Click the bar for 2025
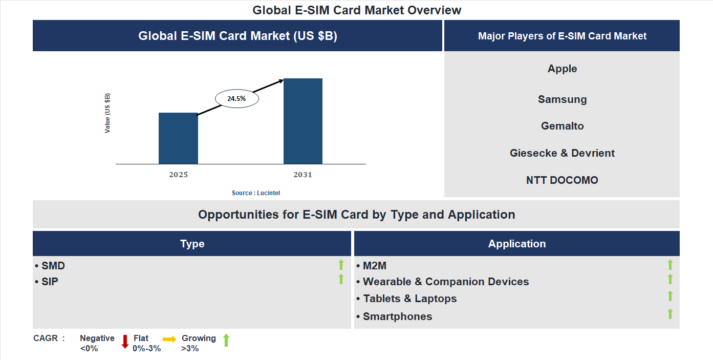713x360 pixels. (178, 138)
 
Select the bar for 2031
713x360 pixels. (303, 121)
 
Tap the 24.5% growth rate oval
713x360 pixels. (236, 99)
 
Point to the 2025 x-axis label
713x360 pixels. (178, 175)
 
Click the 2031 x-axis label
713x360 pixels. (303, 175)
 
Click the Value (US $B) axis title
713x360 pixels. (107, 113)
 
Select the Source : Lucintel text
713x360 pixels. (256, 193)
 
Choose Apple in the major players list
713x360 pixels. (562, 69)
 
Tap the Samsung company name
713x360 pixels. (562, 99)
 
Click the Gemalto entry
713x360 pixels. (562, 126)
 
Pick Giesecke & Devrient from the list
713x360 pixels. (562, 153)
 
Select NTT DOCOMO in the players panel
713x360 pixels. (562, 180)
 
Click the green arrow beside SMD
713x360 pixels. (341, 265)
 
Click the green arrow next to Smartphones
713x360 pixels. (670, 314)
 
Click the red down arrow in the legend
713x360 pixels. (125, 342)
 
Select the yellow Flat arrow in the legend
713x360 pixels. (169, 339)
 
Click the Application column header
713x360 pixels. (516, 244)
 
